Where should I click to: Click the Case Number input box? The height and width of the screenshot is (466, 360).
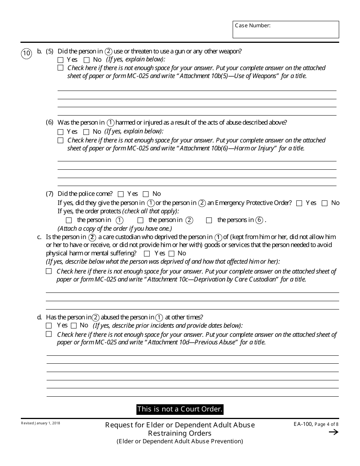coord(286,30)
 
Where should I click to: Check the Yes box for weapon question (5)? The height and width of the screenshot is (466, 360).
coord(61,60)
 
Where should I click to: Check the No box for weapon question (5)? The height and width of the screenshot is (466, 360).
coord(86,60)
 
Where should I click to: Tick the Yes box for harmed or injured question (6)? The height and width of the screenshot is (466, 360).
coord(61,132)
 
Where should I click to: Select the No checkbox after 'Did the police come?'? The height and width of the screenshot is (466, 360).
coord(146,194)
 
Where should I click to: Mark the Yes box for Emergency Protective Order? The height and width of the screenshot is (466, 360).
coord(299,203)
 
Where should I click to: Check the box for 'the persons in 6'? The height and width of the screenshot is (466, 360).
coord(209,220)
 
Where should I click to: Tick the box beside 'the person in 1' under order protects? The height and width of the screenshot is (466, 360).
coord(69,220)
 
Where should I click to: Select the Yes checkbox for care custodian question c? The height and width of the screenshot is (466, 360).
coord(147,254)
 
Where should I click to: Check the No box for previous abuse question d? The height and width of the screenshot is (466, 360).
coord(74,326)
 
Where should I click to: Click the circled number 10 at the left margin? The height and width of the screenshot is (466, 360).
coord(27,53)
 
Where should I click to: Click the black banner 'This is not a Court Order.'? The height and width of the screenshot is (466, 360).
coord(180,409)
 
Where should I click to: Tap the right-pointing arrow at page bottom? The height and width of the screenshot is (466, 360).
coord(333,432)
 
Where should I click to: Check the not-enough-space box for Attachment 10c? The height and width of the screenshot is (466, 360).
coord(49,271)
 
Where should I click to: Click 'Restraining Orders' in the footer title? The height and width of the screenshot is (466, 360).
coord(180,433)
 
